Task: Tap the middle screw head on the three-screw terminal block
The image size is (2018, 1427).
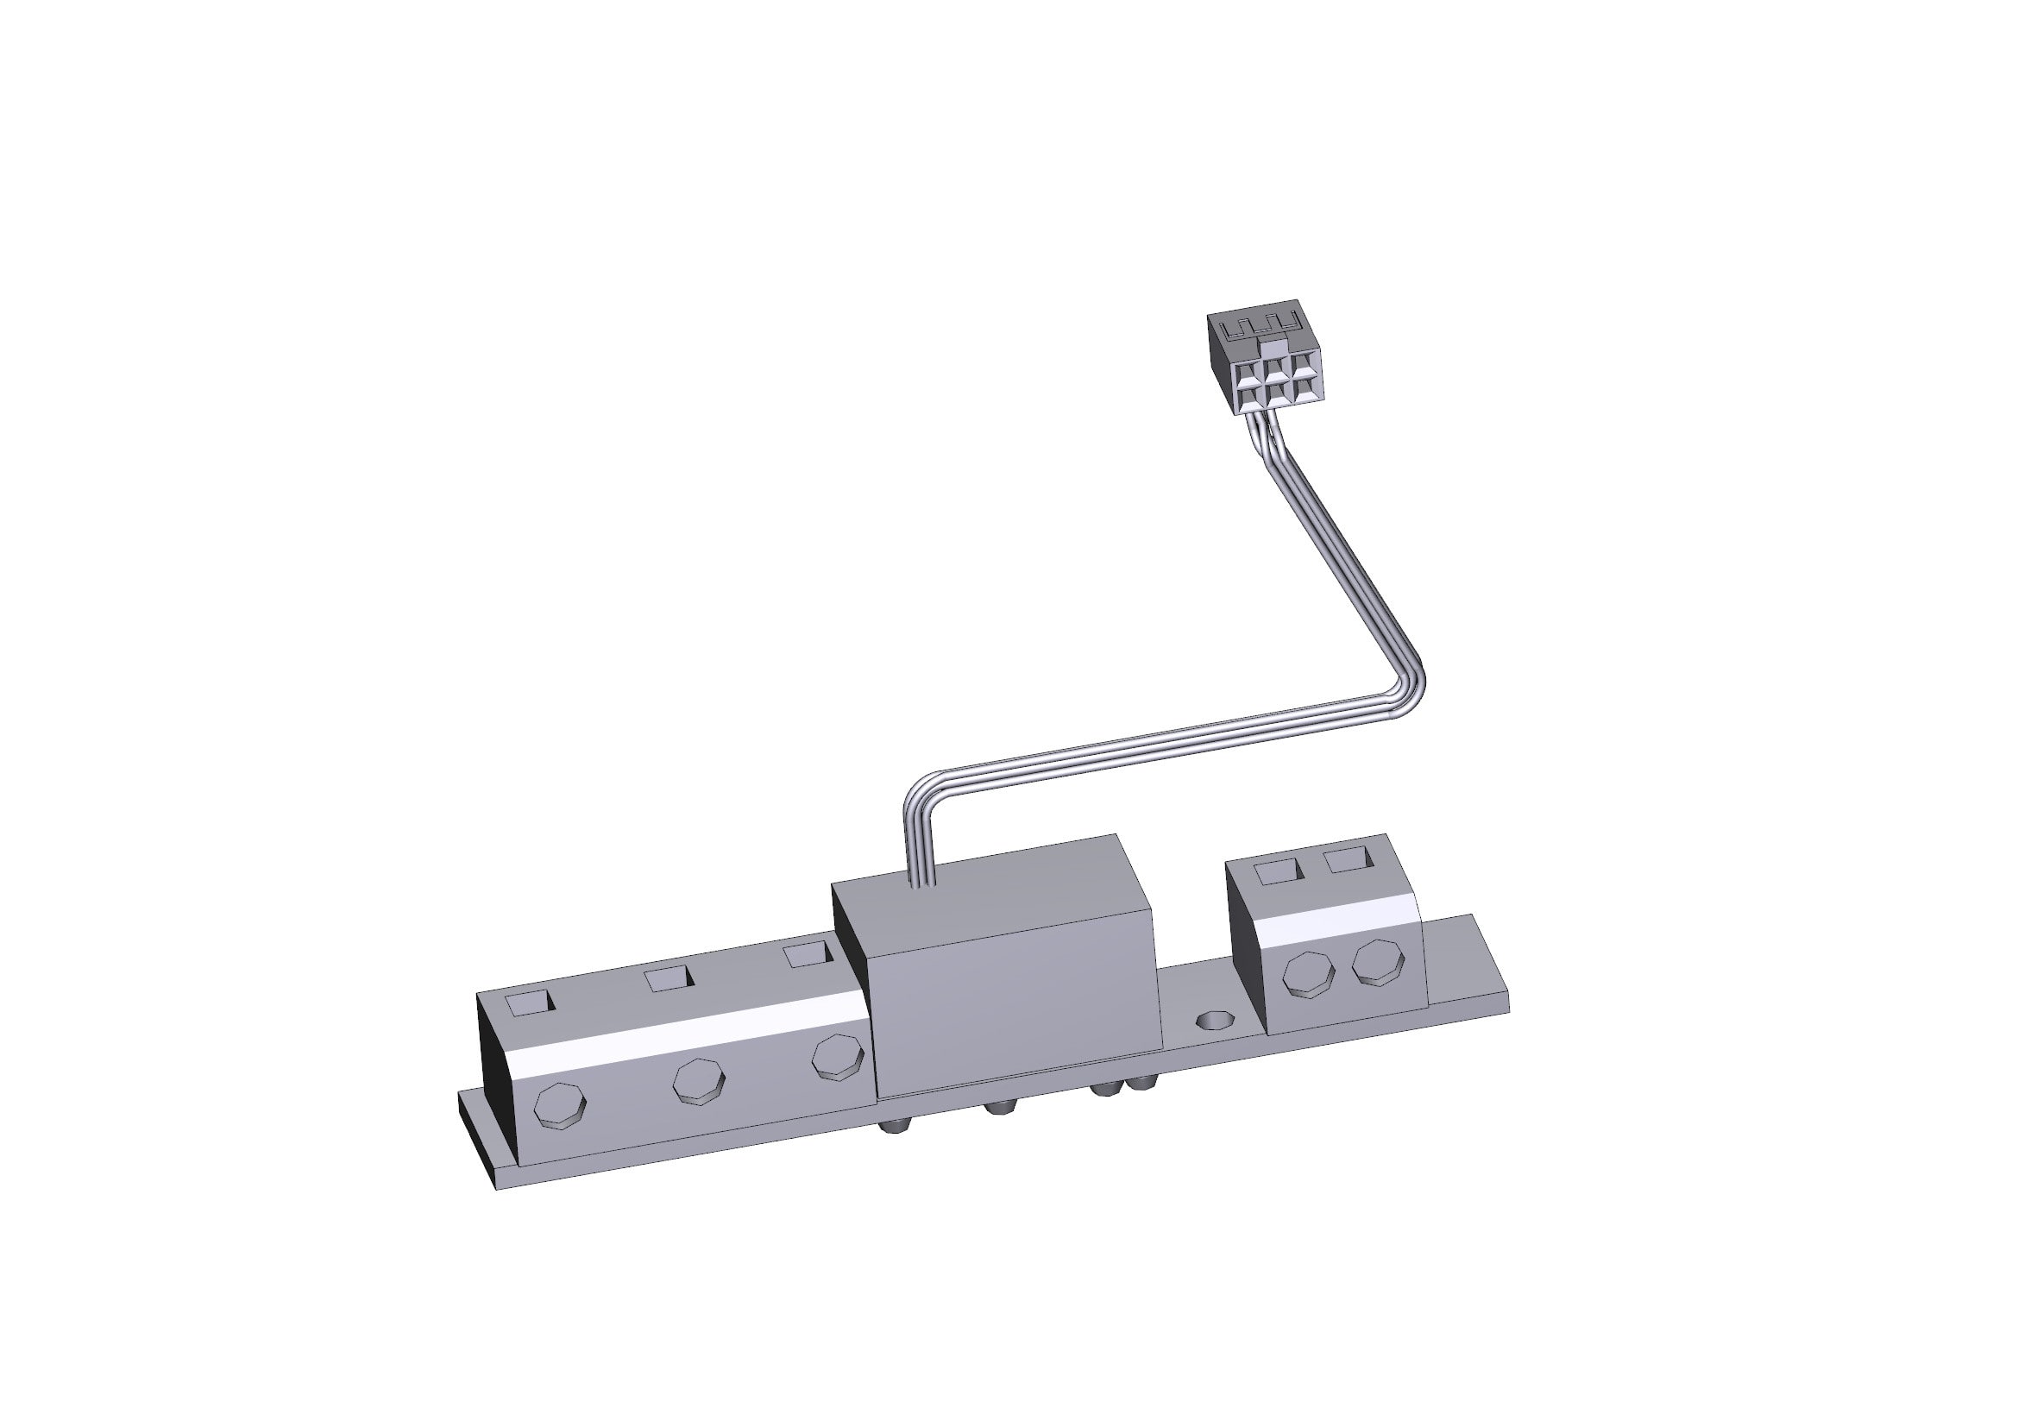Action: click(x=699, y=1081)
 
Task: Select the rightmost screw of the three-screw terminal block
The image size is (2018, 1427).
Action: click(x=838, y=1058)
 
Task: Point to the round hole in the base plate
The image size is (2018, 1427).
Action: click(x=1214, y=1022)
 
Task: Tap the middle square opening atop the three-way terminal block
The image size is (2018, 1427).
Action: click(x=669, y=978)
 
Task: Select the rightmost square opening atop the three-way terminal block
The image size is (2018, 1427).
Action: click(x=806, y=955)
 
